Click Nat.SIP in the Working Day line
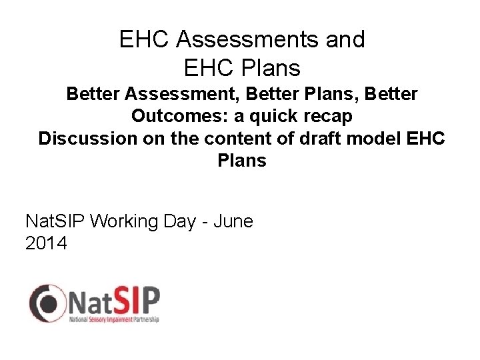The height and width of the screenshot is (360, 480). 54,221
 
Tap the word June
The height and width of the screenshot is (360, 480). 233,221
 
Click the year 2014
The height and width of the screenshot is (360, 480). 46,244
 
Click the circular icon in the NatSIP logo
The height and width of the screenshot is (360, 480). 45,303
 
